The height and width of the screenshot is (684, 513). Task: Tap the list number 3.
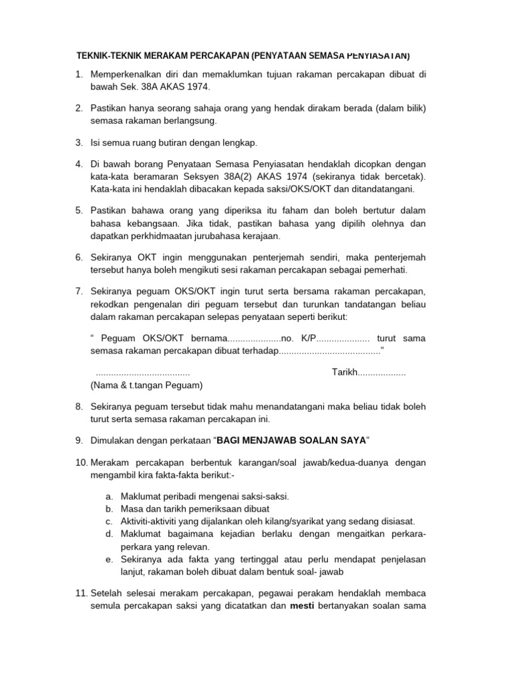(78, 142)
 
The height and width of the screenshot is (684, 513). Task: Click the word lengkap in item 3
(241, 142)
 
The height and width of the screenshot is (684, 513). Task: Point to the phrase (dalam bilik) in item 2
(398, 108)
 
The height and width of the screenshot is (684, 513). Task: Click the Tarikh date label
(345, 372)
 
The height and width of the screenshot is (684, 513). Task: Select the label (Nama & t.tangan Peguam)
(146, 385)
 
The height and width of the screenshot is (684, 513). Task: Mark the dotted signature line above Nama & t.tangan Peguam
(143, 373)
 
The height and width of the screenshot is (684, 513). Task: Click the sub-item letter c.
(108, 521)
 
